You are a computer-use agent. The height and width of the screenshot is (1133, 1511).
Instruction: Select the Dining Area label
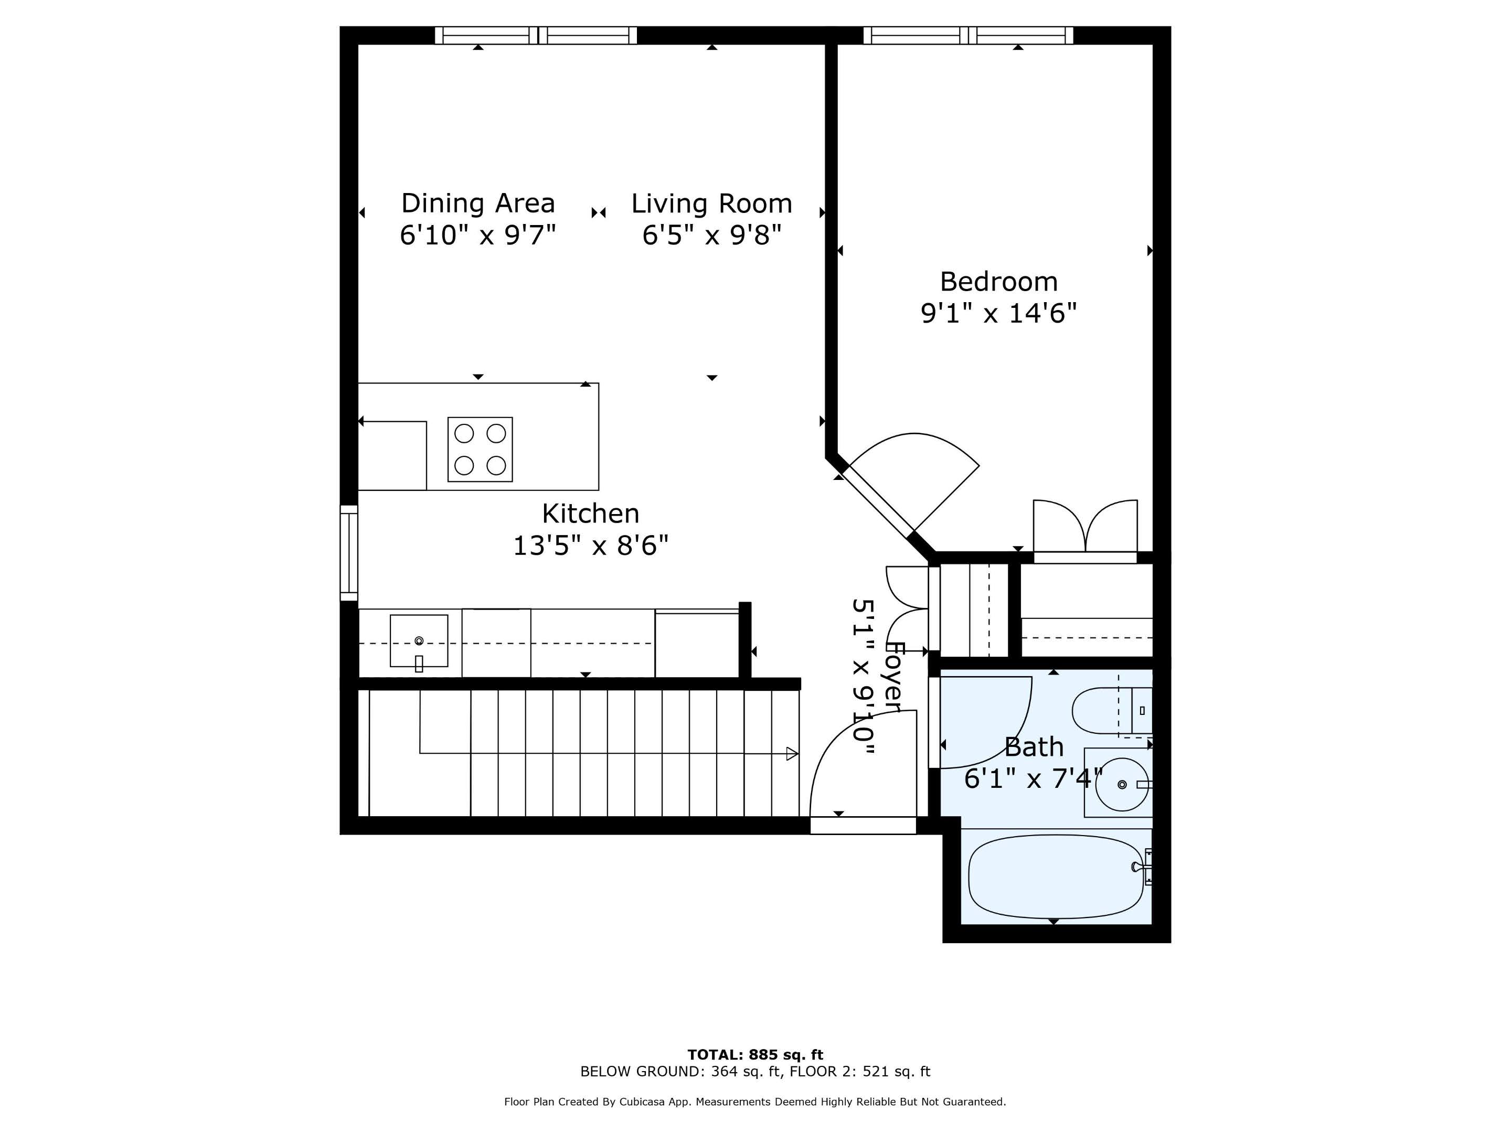click(x=477, y=204)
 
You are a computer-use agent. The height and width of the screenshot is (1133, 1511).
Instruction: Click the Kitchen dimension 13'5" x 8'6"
click(x=590, y=546)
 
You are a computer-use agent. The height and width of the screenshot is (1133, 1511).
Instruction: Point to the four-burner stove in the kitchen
click(x=480, y=450)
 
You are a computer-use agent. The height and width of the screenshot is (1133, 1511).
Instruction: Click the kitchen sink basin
click(x=419, y=640)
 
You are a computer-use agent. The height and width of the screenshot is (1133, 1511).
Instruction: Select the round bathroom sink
click(x=1121, y=785)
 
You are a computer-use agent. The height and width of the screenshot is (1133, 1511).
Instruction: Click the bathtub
click(x=1056, y=877)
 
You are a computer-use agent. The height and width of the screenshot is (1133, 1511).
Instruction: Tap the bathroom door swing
click(x=984, y=721)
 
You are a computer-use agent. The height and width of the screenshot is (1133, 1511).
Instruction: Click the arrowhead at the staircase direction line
click(x=792, y=754)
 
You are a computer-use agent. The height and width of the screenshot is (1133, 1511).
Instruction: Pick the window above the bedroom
click(x=967, y=36)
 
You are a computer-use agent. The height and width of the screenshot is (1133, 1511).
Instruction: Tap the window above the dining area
click(x=536, y=36)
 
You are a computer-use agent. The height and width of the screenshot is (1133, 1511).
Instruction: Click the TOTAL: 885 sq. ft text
click(x=755, y=1054)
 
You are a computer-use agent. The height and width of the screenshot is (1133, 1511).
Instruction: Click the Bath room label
click(x=1033, y=747)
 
